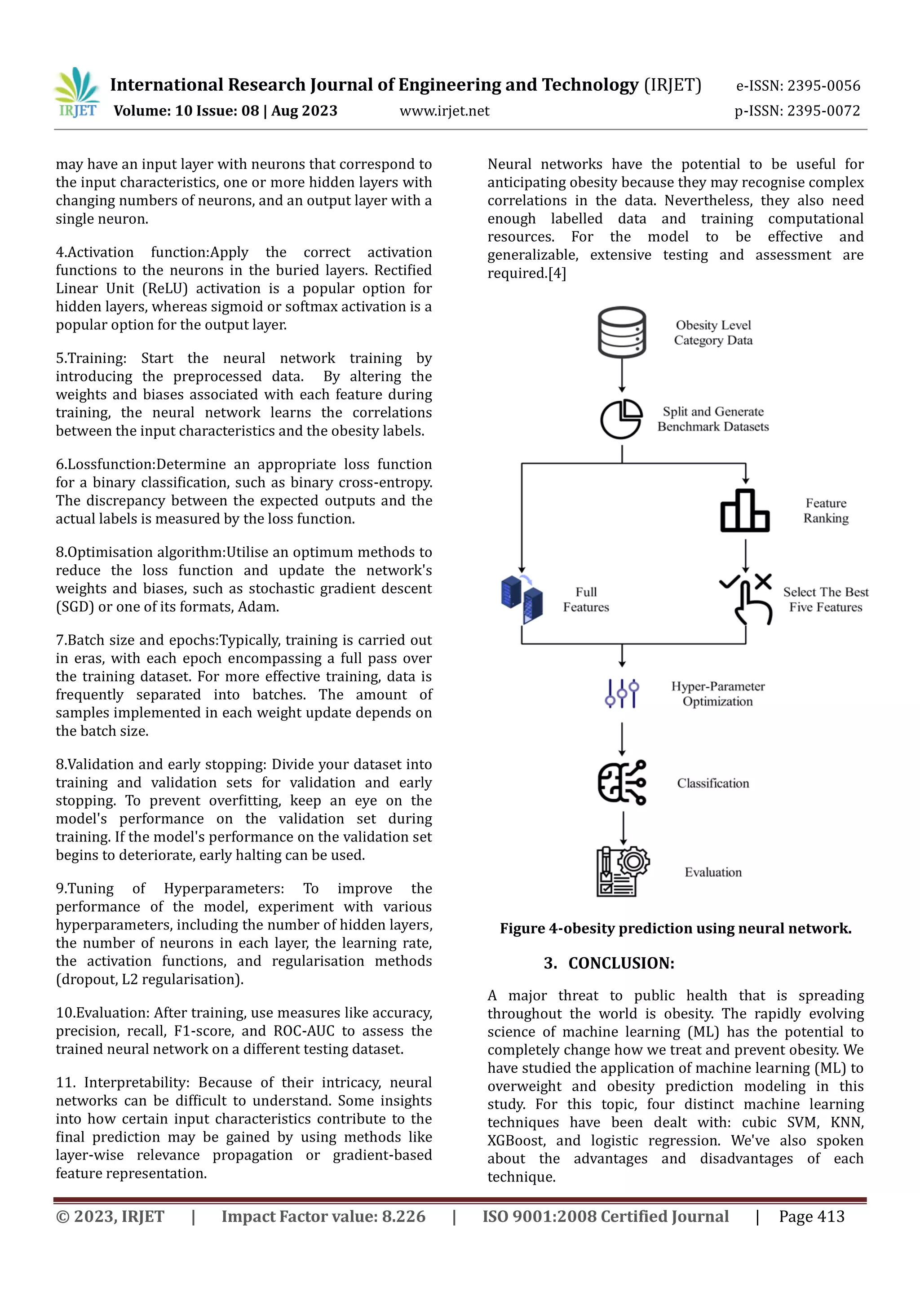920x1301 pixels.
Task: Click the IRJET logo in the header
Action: pyautogui.click(x=77, y=93)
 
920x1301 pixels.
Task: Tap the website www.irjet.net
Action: pyautogui.click(x=444, y=111)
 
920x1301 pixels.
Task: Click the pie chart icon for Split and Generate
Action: pyautogui.click(x=621, y=419)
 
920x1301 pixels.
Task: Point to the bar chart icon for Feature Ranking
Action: pyautogui.click(x=745, y=511)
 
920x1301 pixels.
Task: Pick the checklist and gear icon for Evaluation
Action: pyautogui.click(x=622, y=872)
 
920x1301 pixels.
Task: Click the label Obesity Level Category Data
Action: pyautogui.click(x=713, y=332)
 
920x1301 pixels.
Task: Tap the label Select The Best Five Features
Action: pyautogui.click(x=825, y=599)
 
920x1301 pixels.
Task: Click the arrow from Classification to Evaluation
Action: pyautogui.click(x=623, y=828)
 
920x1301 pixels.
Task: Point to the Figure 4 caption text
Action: pyautogui.click(x=675, y=929)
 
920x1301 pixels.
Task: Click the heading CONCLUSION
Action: pyautogui.click(x=621, y=963)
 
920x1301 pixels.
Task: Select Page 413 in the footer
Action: pyautogui.click(x=811, y=1217)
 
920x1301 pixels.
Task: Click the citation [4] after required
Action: pyautogui.click(x=557, y=274)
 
